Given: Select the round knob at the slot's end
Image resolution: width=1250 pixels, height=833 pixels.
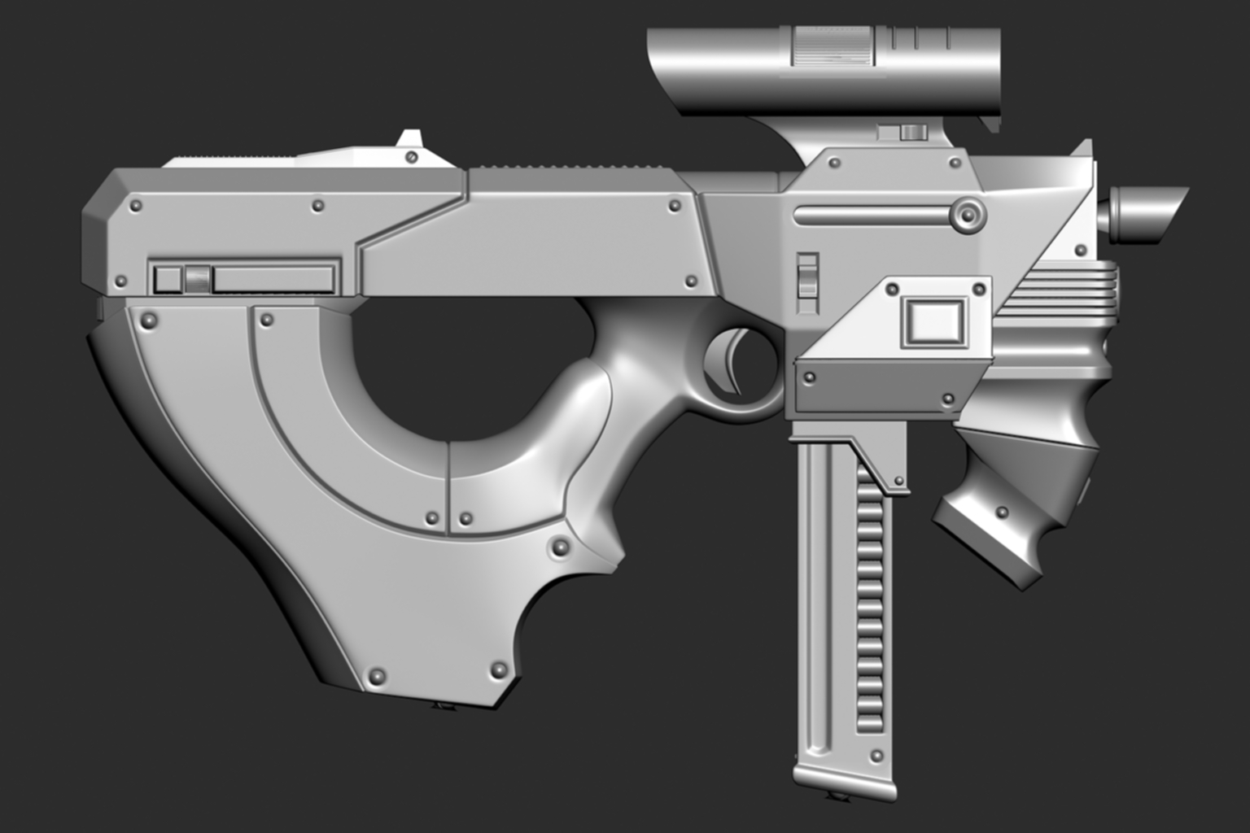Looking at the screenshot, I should point(968,215).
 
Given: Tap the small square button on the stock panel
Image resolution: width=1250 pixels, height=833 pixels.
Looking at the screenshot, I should point(168,279).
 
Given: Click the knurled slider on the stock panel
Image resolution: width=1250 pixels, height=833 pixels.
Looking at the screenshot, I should point(196,279).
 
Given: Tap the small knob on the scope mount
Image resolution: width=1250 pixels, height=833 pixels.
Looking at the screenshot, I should point(912,132).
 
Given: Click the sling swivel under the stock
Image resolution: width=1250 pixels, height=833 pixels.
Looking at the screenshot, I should point(444,705).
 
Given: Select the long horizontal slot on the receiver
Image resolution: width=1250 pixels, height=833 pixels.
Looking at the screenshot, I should point(871,216).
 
